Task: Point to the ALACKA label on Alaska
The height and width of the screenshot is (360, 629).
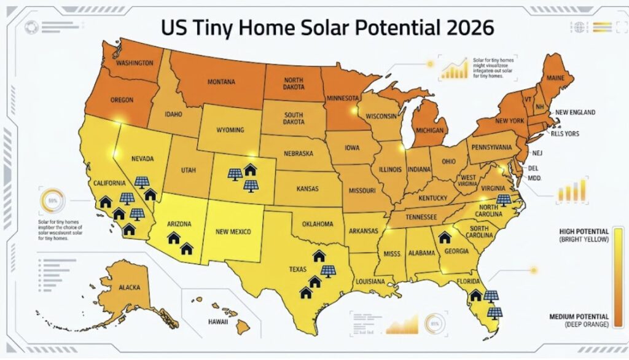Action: pyautogui.click(x=129, y=287)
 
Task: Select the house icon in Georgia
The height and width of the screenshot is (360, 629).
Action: pyautogui.click(x=445, y=237)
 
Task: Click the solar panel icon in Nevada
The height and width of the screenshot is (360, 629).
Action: pyautogui.click(x=141, y=182)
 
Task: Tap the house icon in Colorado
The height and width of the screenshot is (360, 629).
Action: pyautogui.click(x=250, y=168)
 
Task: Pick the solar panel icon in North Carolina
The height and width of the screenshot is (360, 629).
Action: pyautogui.click(x=503, y=200)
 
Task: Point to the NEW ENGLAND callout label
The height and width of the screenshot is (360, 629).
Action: pyautogui.click(x=576, y=113)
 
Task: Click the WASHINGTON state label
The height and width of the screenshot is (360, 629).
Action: pyautogui.click(x=134, y=63)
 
